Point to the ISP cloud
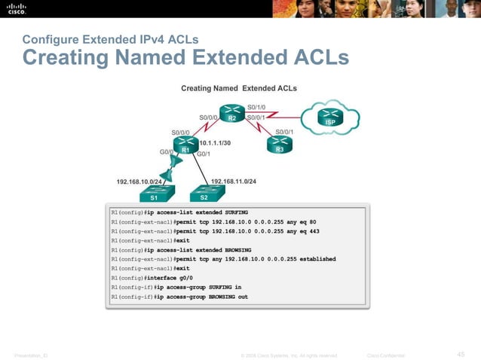pyautogui.click(x=329, y=117)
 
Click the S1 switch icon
pyautogui.click(x=154, y=194)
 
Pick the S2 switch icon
pyautogui.click(x=204, y=194)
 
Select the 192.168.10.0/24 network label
pyautogui.click(x=139, y=182)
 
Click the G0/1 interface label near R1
pyautogui.click(x=203, y=154)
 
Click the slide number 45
pyautogui.click(x=461, y=355)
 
